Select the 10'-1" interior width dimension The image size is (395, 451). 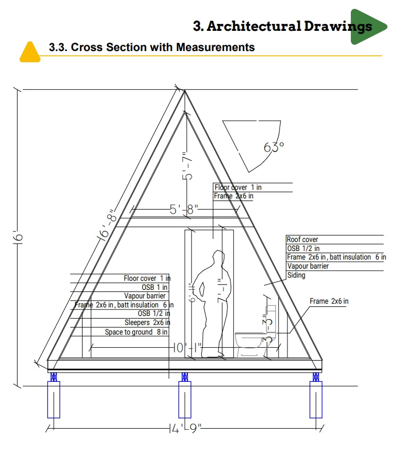(186, 348)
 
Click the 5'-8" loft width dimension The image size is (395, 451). (184, 210)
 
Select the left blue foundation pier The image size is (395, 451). (53, 399)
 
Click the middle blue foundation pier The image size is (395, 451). (184, 399)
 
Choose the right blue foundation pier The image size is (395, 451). (316, 399)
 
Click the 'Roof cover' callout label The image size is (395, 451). (302, 240)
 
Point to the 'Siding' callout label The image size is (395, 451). (296, 275)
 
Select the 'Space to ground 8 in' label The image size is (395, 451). (136, 332)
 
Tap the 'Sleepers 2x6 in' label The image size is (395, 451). (147, 322)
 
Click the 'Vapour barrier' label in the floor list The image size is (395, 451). (145, 296)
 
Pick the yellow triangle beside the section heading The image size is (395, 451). (30, 52)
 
